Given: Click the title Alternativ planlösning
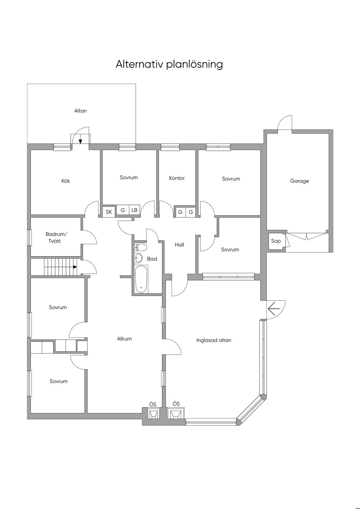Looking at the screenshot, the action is click(169, 65).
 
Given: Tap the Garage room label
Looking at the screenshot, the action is click(300, 181).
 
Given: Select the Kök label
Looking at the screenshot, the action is click(66, 181).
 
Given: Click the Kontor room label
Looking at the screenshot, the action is click(177, 178).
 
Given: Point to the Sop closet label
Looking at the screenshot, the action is click(276, 241).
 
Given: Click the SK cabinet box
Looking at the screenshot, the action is click(109, 212).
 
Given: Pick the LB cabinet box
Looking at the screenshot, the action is click(135, 210).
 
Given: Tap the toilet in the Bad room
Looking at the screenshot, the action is click(140, 247).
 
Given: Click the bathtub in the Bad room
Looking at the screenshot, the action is click(141, 279).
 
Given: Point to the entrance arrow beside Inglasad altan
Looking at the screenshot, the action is click(274, 309).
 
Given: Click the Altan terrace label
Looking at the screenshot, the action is click(81, 111).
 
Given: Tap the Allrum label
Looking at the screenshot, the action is click(124, 339).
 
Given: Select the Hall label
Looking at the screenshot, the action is click(179, 245).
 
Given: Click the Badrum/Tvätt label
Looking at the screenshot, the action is click(56, 238).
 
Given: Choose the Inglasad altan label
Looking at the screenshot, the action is click(214, 340).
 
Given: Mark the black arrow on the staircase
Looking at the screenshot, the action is click(75, 267).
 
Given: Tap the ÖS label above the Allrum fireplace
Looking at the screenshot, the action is click(153, 404).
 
